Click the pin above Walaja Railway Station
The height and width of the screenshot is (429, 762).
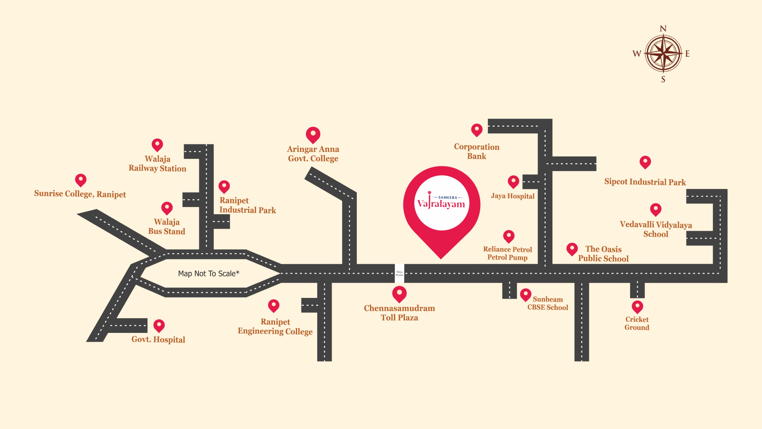pos(157,145)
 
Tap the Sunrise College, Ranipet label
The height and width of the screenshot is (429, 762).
pos(80,194)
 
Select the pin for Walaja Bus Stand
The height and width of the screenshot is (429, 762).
pos(167,208)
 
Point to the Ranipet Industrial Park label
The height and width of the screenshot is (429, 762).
pos(247,205)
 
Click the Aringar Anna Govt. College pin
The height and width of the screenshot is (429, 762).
pos(313,134)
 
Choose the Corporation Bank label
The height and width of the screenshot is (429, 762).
pos(476,151)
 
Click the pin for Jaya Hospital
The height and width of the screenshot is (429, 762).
pos(514,182)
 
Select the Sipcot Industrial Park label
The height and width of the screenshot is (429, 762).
pos(645,182)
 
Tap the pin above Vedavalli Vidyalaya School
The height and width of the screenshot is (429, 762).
pos(656,209)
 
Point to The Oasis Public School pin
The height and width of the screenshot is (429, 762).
pos(572,249)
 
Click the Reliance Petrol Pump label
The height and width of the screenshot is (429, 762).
pos(508,253)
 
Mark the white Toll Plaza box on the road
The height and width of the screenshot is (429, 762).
pos(399,273)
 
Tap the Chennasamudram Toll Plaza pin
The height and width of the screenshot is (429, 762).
pos(399,294)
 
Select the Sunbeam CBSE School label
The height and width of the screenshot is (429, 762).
pos(548,303)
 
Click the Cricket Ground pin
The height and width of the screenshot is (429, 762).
pos(637,306)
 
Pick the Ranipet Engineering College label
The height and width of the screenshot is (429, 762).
pos(275,327)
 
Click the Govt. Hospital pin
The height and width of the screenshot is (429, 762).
pos(159,325)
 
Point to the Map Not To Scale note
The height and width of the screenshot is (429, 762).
pos(209,273)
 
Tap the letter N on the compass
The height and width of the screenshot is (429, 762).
pos(663,29)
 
